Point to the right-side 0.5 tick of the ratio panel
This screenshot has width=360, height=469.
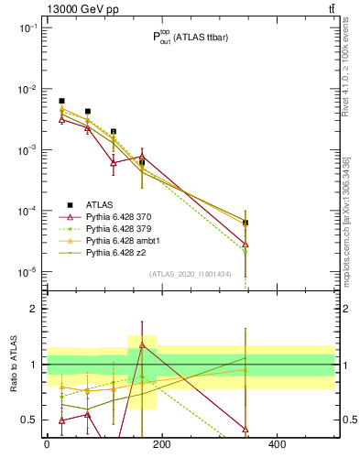tap(347, 420)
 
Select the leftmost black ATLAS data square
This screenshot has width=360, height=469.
tap(61, 101)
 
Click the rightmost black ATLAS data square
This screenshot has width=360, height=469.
tap(245, 223)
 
